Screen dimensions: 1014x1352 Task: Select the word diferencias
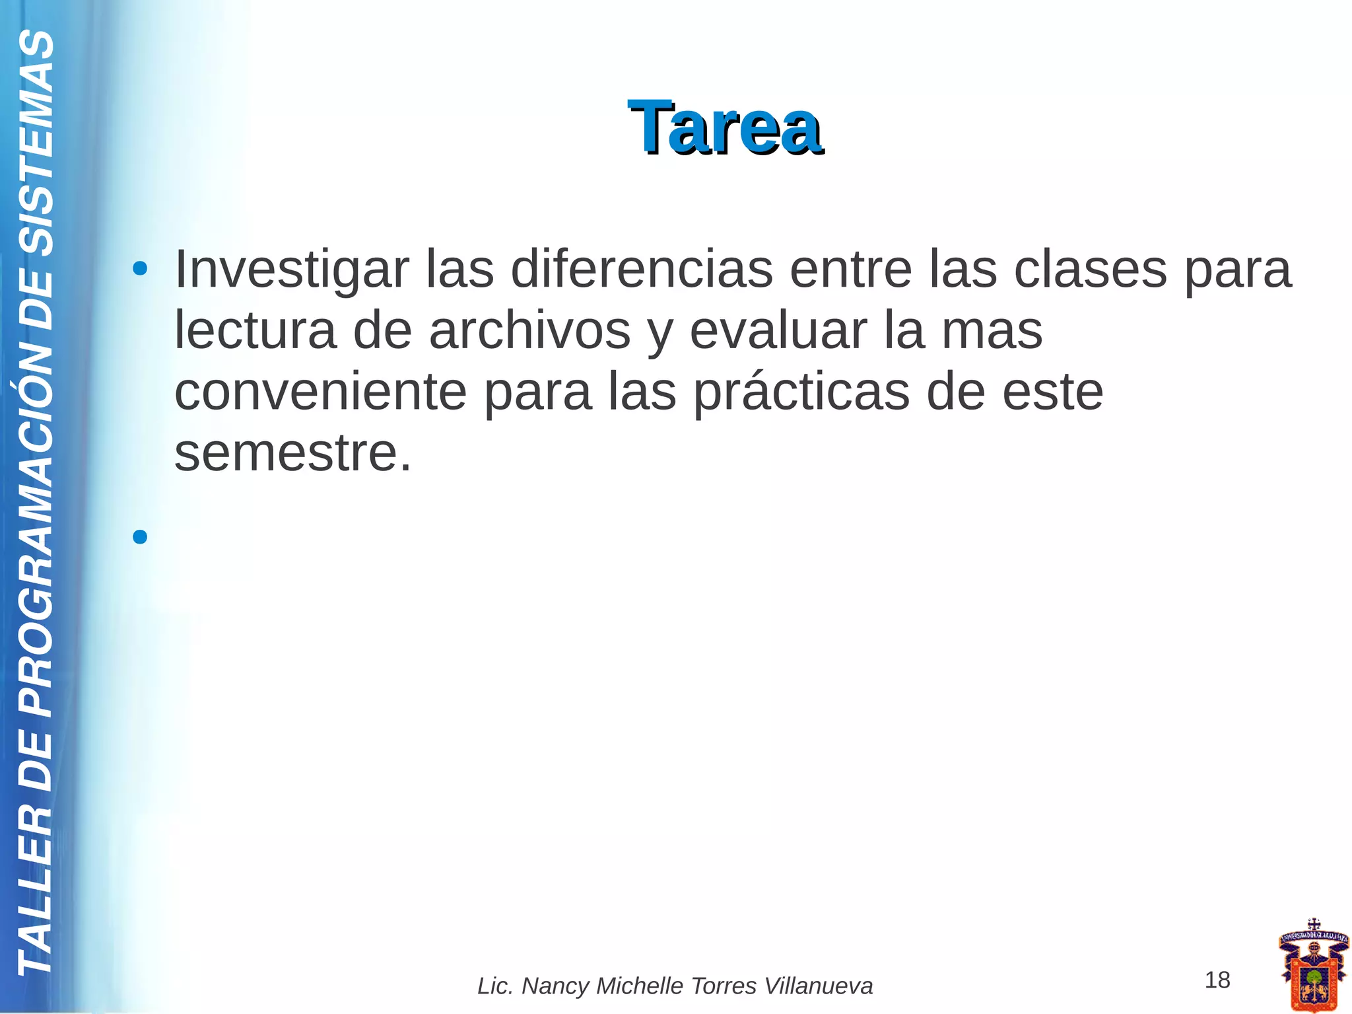[x=641, y=270]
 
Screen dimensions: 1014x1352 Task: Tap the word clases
[x=1090, y=270]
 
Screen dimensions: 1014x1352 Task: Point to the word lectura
[x=255, y=331]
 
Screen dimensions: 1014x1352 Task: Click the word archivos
[x=529, y=331]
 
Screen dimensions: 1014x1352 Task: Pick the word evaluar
[x=778, y=331]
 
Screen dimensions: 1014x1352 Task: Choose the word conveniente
[x=320, y=392]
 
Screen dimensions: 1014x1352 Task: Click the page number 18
[x=1217, y=980]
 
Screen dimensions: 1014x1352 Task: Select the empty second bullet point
[x=139, y=536]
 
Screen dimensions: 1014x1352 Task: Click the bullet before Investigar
[x=139, y=269]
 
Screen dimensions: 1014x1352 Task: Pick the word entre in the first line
[x=850, y=270]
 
